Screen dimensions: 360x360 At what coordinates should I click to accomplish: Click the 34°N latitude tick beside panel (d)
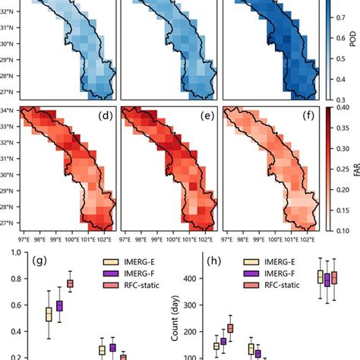coord(9,112)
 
